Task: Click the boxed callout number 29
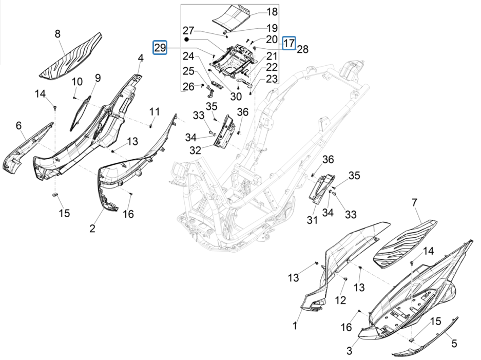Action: [x=160, y=47]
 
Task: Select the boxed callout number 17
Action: [x=290, y=43]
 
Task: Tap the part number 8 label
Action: [x=57, y=34]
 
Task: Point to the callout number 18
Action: [x=272, y=11]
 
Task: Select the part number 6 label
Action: [x=18, y=125]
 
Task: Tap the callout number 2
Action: [x=92, y=229]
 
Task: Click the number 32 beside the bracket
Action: [x=196, y=150]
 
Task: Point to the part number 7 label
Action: [x=415, y=203]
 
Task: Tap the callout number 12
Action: [x=340, y=300]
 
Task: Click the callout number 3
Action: [x=349, y=351]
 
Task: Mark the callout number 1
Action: [x=295, y=326]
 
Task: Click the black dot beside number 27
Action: [x=188, y=39]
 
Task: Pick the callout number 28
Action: [x=302, y=49]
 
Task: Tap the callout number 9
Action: [x=97, y=78]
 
